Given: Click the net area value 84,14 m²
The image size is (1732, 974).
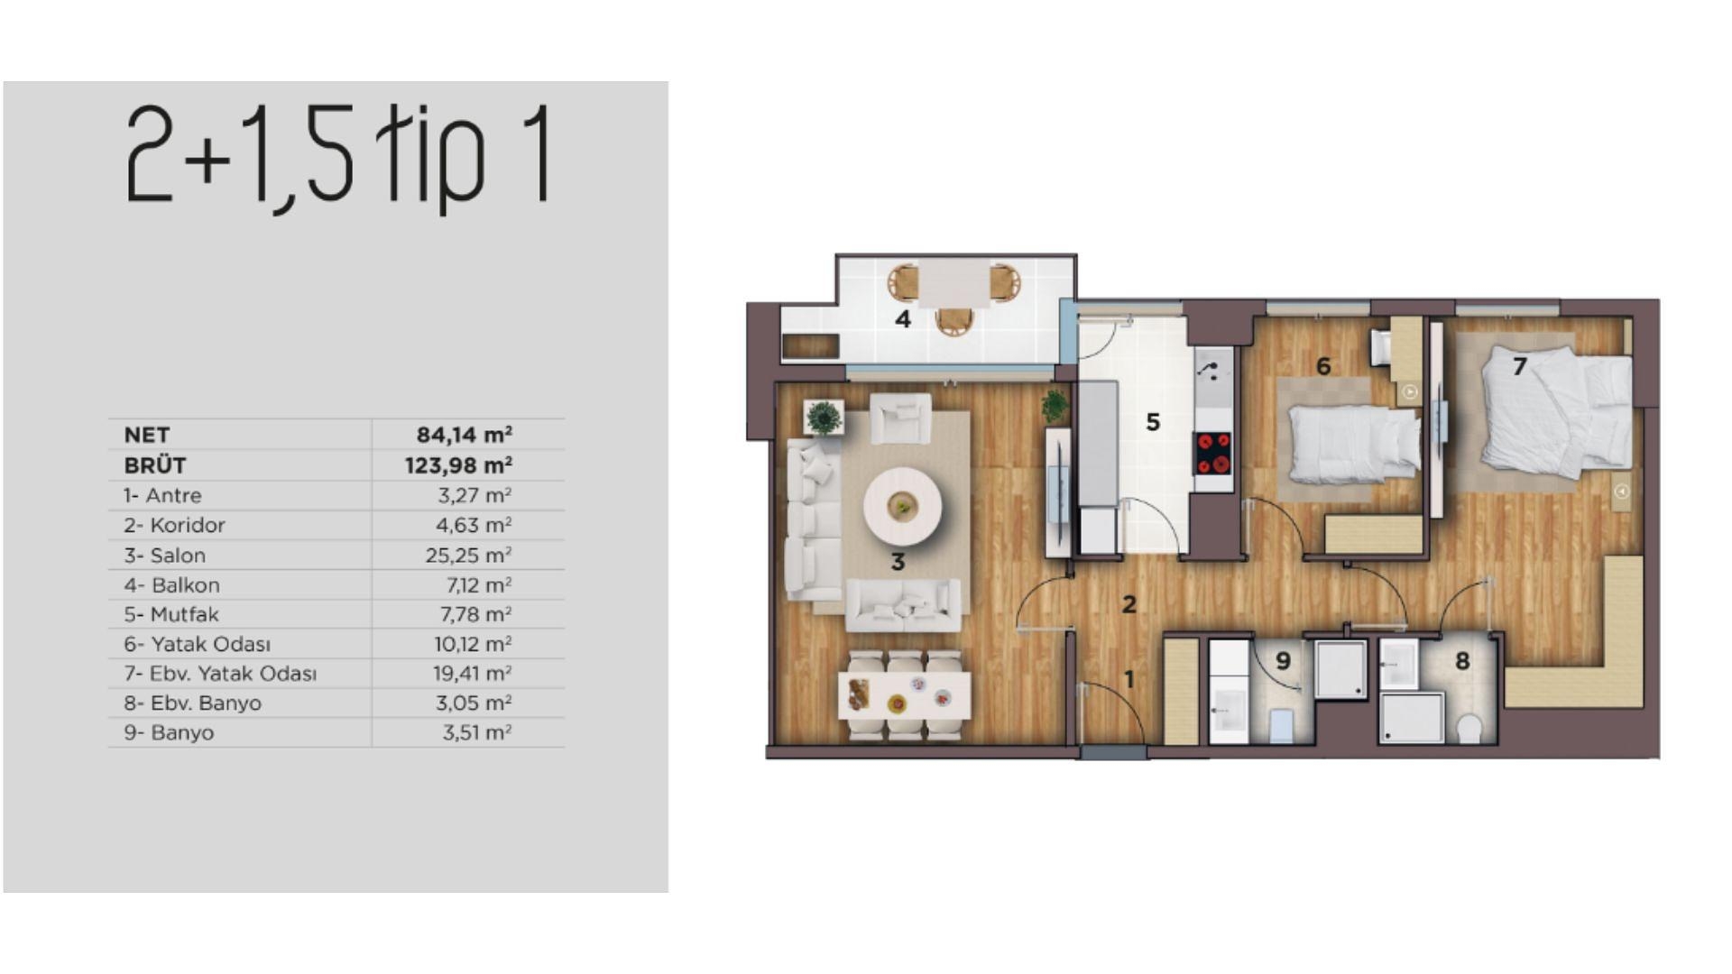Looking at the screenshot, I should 464,435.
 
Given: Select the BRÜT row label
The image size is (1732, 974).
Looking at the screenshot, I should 155,465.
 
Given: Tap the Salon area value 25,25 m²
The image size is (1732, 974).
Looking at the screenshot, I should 467,555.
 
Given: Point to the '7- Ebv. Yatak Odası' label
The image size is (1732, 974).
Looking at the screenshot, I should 220,674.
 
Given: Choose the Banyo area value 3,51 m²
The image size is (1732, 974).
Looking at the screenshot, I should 476,732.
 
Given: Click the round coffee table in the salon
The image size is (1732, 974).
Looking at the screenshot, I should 902,506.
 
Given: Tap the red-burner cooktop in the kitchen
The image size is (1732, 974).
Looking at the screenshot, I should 1213,453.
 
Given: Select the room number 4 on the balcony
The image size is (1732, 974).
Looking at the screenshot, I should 903,319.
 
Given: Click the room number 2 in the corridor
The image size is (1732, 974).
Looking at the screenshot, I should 1129,604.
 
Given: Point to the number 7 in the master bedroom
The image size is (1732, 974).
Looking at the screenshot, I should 1520,366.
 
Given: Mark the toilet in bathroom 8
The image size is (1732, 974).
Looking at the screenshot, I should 1469,727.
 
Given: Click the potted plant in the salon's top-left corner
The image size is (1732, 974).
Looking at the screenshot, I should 823,418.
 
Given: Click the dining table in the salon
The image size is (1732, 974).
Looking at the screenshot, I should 904,695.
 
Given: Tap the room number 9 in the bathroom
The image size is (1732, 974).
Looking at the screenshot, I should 1283,661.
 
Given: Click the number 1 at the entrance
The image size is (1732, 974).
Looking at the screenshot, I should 1128,679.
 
